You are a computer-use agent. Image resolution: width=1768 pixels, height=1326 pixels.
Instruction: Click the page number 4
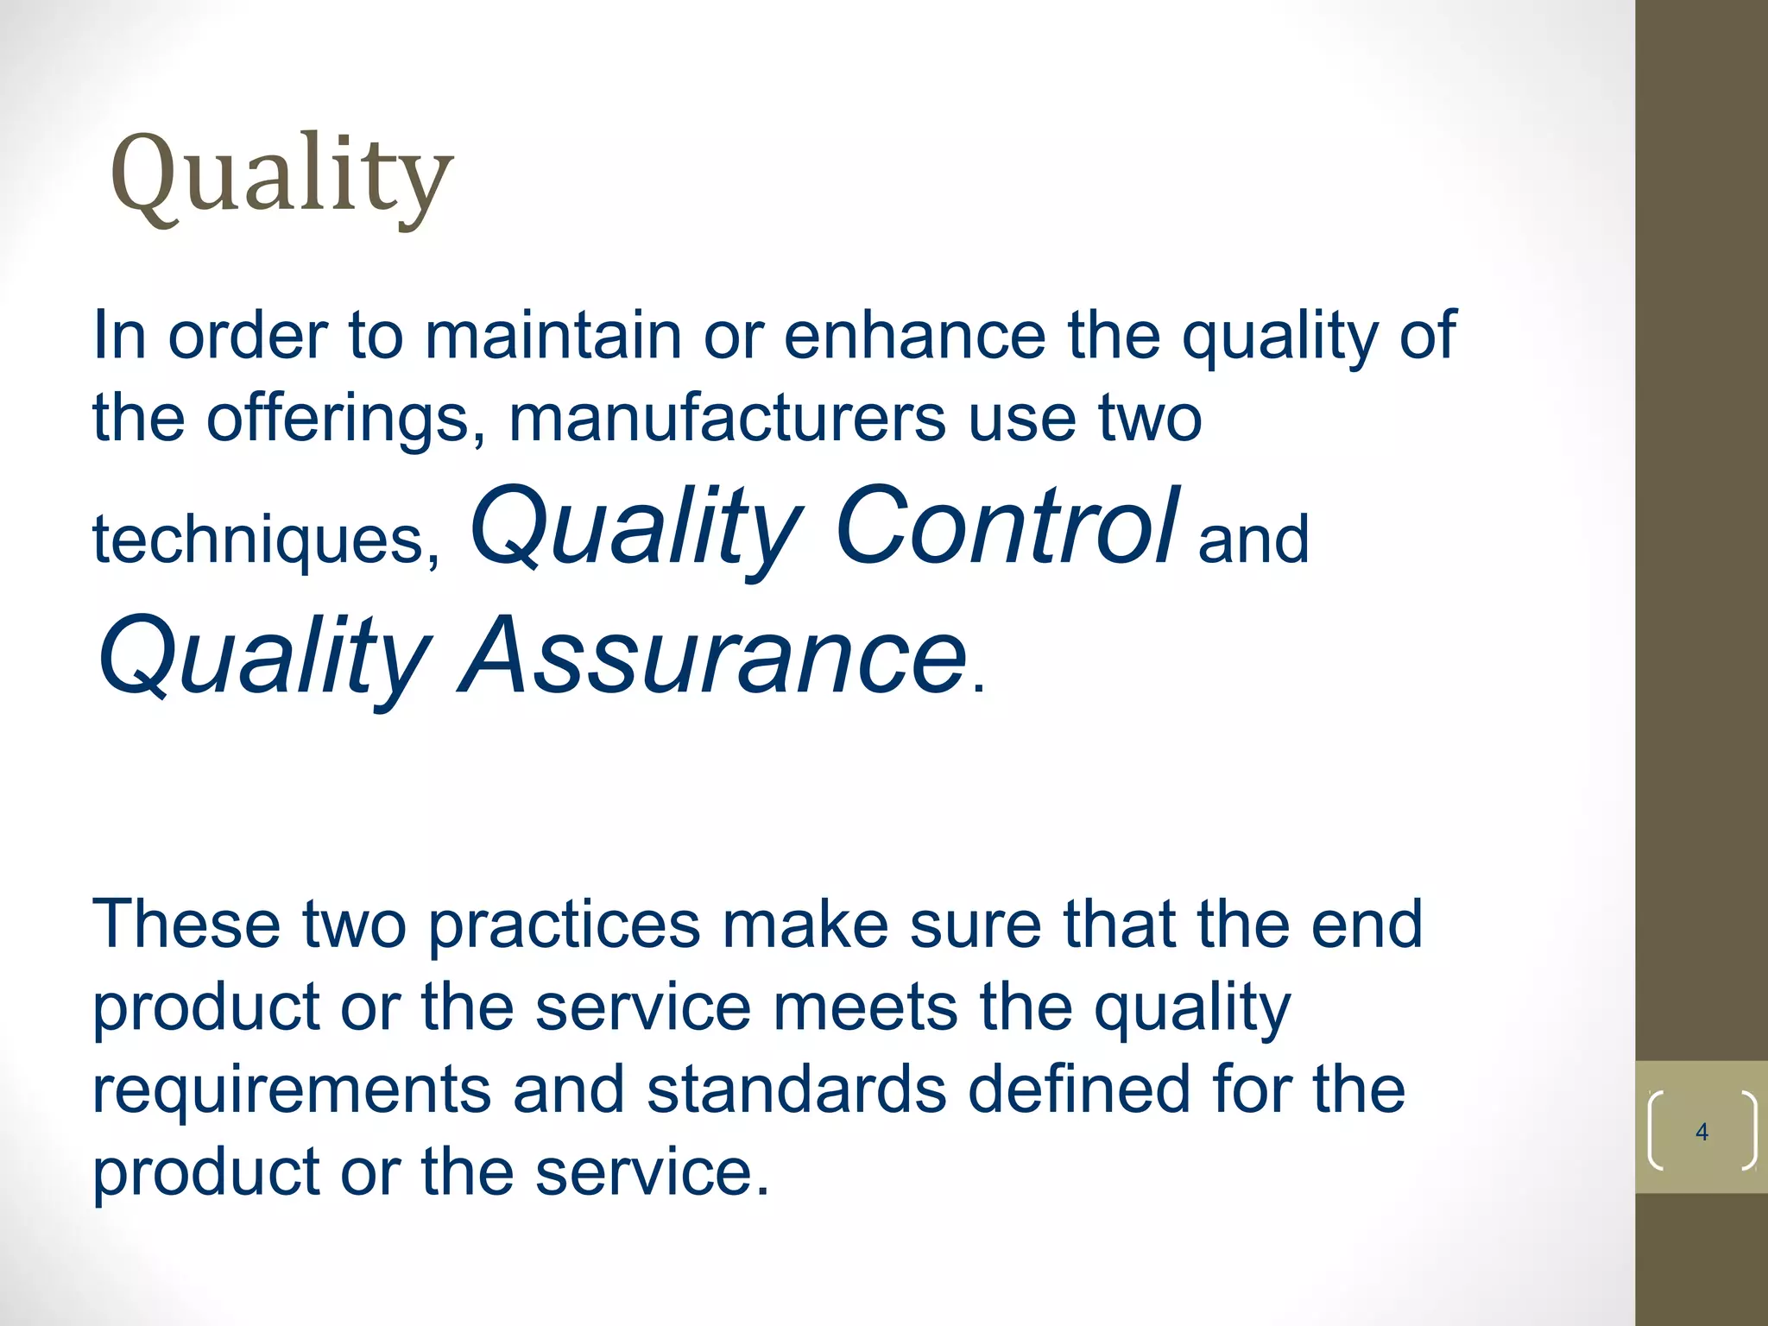click(x=1702, y=1132)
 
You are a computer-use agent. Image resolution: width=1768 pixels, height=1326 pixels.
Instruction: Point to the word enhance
click(x=914, y=335)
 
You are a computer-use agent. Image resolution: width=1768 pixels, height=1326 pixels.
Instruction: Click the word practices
click(x=564, y=925)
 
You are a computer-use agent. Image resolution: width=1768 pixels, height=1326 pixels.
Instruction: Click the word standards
click(x=796, y=1089)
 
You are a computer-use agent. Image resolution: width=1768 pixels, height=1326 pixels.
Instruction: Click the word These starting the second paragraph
click(x=186, y=925)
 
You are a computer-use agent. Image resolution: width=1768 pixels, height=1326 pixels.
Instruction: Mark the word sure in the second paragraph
click(x=975, y=925)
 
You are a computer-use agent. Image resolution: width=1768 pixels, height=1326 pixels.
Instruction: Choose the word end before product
click(x=1367, y=925)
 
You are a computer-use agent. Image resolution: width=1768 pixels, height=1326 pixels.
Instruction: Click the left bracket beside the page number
click(x=1655, y=1132)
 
